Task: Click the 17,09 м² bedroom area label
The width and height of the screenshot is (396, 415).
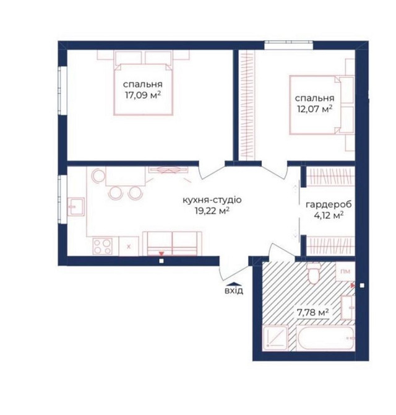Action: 143,95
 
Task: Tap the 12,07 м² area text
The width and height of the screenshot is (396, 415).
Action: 314,109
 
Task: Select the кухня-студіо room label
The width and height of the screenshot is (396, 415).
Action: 212,200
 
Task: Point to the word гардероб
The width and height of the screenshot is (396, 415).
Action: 329,204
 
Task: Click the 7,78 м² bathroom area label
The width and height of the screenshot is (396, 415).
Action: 312,313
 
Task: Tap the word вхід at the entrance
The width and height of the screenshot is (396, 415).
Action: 234,291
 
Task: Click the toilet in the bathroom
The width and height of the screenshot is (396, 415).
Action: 314,273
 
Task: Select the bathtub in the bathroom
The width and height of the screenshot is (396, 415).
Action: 325,338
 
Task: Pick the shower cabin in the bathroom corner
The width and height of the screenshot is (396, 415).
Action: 275,338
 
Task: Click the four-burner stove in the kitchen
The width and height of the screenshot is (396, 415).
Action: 102,246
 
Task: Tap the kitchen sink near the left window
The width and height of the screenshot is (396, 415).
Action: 76,206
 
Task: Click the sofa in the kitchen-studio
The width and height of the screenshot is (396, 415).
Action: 172,243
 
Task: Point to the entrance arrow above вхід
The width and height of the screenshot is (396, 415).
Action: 234,284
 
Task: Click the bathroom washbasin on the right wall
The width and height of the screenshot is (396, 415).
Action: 348,308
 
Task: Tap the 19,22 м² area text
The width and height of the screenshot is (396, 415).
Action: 212,211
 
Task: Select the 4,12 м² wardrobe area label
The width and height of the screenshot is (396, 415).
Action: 329,216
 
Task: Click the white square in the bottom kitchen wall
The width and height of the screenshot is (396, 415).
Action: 161,261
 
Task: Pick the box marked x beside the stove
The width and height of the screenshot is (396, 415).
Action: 129,247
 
